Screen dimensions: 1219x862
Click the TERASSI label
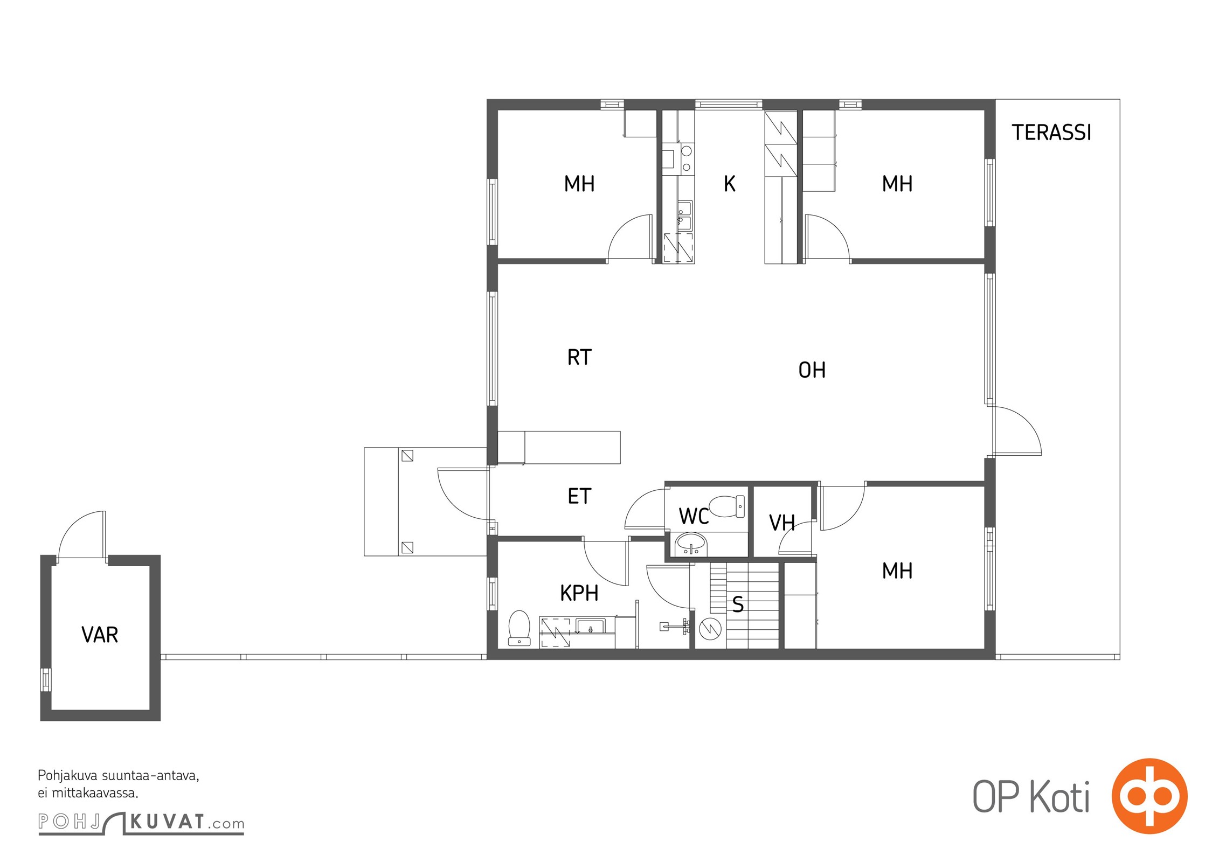[x=1051, y=133]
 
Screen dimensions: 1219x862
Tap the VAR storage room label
[x=100, y=635]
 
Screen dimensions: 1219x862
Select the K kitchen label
[x=729, y=184]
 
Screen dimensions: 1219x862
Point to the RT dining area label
[x=579, y=357]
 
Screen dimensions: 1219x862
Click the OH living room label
[x=812, y=370]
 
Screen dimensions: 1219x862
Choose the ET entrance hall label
[x=579, y=496]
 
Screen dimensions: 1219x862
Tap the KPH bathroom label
[x=579, y=593]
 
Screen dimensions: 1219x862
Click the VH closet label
[x=782, y=523]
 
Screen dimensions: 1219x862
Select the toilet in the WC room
[x=727, y=506]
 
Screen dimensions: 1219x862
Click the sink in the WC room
[x=691, y=544]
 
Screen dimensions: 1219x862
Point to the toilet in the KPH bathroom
[x=519, y=628]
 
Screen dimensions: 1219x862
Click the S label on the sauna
[x=738, y=604]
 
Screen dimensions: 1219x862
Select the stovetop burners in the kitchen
[x=686, y=159]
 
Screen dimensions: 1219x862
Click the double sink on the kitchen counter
[x=684, y=215]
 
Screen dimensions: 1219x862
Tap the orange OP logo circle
[x=1149, y=796]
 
